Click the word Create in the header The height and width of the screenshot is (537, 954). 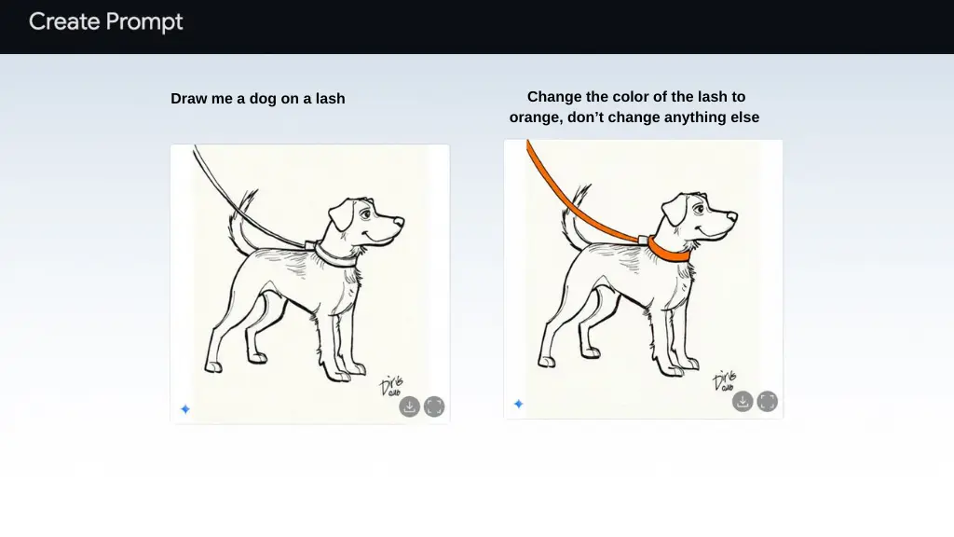(64, 22)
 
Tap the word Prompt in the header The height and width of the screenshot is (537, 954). (144, 23)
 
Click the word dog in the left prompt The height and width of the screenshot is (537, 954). (263, 99)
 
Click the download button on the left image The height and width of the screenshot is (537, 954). (410, 406)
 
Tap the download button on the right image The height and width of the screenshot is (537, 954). (743, 401)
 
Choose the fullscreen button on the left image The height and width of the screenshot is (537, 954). (434, 406)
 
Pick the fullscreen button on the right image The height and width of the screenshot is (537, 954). (768, 401)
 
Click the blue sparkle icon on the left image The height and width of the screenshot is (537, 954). (185, 409)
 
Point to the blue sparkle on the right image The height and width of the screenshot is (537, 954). (518, 404)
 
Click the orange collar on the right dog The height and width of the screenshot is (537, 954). (667, 251)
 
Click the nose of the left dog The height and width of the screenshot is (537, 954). (399, 222)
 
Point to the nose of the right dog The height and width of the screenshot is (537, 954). (732, 216)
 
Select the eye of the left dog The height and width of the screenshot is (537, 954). (365, 214)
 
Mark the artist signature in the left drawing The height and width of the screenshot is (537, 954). (392, 385)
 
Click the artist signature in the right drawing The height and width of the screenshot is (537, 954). (725, 380)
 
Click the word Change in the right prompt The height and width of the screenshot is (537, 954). (550, 97)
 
